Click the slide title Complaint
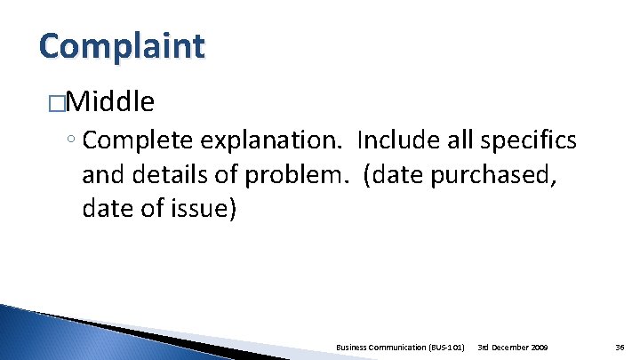tap(122, 45)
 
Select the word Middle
tap(110, 103)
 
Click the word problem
tap(290, 176)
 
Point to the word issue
tap(203, 211)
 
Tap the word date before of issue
tap(106, 211)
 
